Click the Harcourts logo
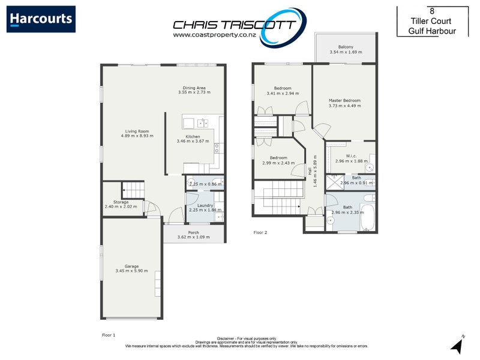[41, 19]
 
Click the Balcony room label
[345, 47]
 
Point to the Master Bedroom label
[344, 100]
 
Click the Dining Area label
[194, 88]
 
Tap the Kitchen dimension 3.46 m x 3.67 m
[193, 141]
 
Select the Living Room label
[137, 131]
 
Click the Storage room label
[121, 202]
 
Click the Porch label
[193, 232]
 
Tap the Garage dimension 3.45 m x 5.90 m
[131, 271]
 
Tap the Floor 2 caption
[260, 232]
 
